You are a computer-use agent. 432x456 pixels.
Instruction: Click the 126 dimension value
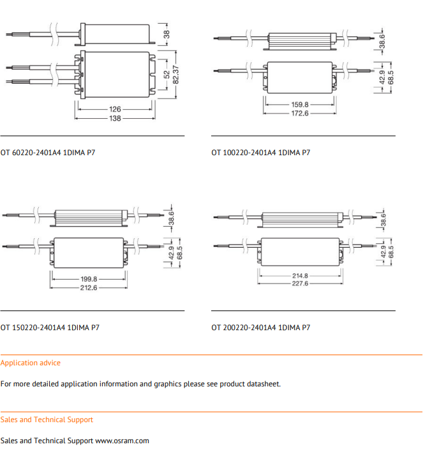pyautogui.click(x=115, y=109)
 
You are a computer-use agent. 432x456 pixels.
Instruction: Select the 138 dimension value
pyautogui.click(x=115, y=118)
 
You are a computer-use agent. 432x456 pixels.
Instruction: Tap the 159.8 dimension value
pyautogui.click(x=300, y=104)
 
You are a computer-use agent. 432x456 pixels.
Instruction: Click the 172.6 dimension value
pyautogui.click(x=300, y=113)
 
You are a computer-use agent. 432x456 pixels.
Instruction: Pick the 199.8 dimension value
pyautogui.click(x=89, y=279)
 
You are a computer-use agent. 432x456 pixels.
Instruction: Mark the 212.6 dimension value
pyautogui.click(x=89, y=288)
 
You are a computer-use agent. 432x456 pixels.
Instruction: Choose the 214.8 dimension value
pyautogui.click(x=300, y=276)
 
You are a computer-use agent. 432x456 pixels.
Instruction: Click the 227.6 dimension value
pyautogui.click(x=300, y=284)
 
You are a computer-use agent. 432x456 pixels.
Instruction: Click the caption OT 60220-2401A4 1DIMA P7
pyautogui.click(x=48, y=153)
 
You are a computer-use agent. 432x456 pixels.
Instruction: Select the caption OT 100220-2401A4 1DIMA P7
pyautogui.click(x=261, y=153)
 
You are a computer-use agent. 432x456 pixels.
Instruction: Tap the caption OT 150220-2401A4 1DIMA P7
pyautogui.click(x=50, y=328)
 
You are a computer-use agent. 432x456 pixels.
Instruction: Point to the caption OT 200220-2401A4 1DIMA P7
pyautogui.click(x=261, y=328)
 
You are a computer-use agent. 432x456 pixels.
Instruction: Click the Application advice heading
pyautogui.click(x=31, y=363)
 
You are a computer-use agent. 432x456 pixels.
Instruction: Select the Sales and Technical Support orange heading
pyautogui.click(x=47, y=420)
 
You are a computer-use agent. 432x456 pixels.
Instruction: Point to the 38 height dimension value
pyautogui.click(x=167, y=34)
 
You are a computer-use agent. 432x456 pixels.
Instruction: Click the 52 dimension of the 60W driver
pyautogui.click(x=167, y=74)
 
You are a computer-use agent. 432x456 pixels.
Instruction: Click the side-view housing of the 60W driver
pyautogui.click(x=118, y=33)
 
